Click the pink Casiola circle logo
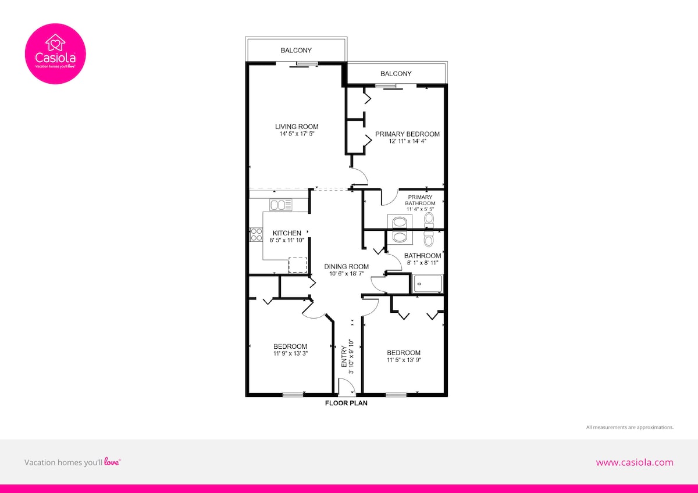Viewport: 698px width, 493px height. pos(55,53)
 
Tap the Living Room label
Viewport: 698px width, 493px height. pos(297,127)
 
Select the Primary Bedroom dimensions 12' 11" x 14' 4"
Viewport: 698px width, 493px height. pos(407,141)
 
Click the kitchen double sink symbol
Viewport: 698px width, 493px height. pos(281,205)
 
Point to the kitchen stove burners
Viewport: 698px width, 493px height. pos(257,234)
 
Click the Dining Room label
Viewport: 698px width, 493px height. pos(347,267)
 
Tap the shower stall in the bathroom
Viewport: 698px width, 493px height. pos(427,283)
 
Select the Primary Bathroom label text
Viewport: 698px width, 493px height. pos(420,200)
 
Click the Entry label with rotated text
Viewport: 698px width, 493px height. pos(344,356)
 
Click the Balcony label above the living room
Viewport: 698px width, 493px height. pos(296,50)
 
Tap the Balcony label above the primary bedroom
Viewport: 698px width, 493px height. pos(396,73)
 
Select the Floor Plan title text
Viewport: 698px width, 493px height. pos(346,403)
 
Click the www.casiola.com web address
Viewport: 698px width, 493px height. pos(635,462)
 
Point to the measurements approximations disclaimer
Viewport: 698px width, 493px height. pos(630,427)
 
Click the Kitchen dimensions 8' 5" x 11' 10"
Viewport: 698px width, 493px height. pos(287,240)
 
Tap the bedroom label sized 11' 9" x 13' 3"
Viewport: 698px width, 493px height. pos(290,350)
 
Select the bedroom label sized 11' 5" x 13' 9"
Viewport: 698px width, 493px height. pos(404,356)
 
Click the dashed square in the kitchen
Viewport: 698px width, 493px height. pos(298,265)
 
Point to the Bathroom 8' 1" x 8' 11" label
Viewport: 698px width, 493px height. pos(422,259)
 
